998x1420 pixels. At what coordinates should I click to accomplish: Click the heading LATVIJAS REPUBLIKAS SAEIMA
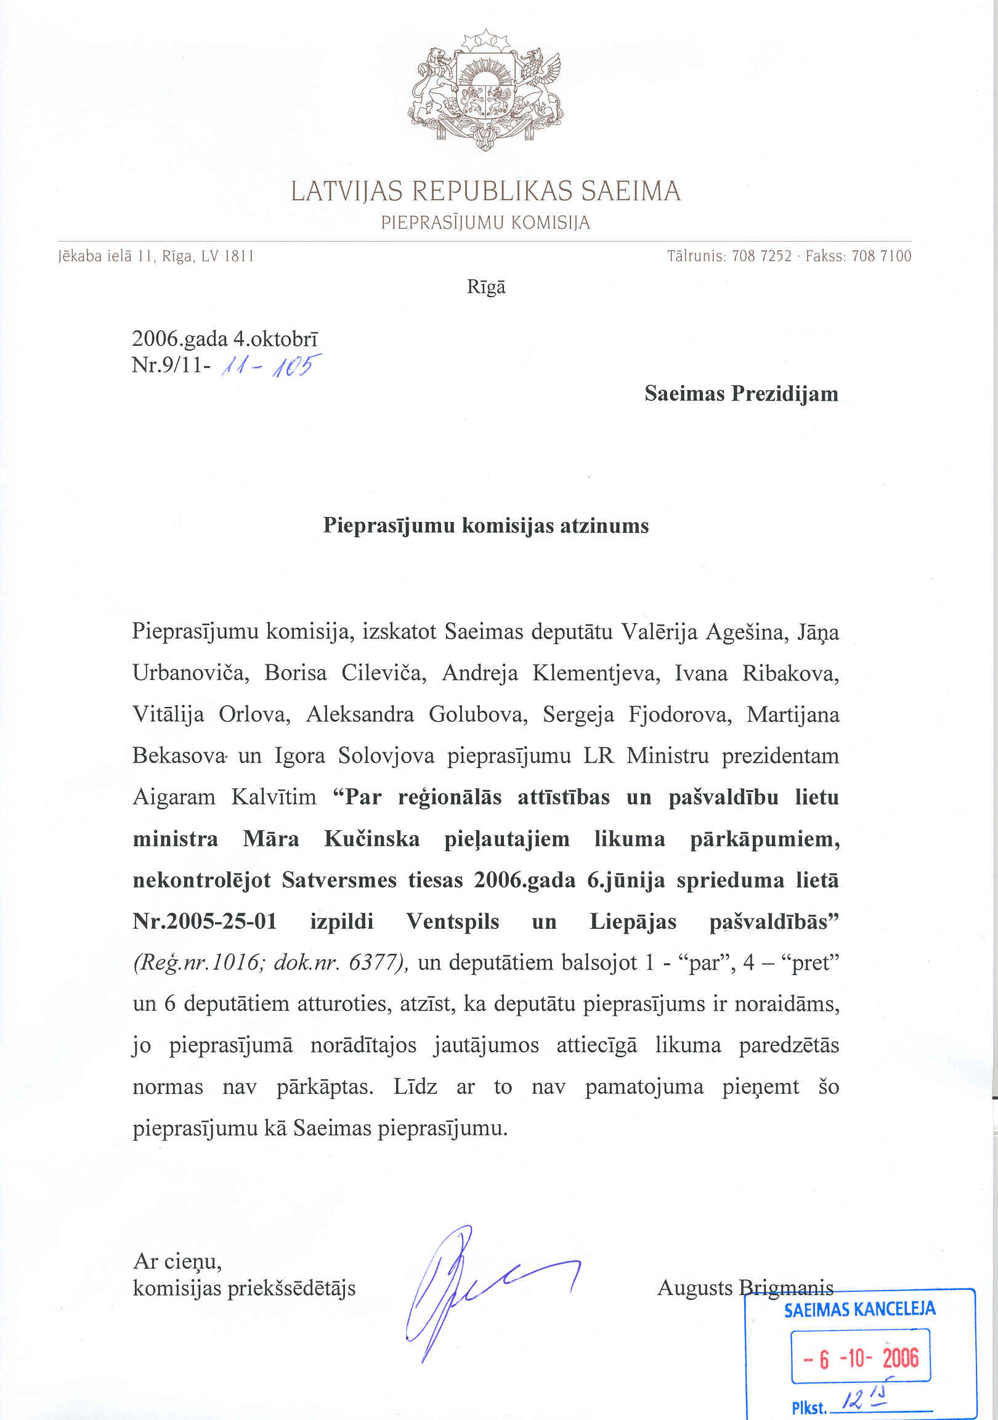tap(486, 191)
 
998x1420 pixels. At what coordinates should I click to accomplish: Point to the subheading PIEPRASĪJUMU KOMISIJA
tap(486, 222)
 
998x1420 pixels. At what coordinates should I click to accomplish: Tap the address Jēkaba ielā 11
tap(105, 256)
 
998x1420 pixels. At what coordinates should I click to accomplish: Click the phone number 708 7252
tap(761, 256)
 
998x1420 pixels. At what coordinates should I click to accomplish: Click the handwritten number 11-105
tap(271, 368)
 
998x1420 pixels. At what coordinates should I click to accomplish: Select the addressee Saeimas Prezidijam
tap(740, 393)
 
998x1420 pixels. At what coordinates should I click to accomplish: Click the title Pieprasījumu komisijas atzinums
tap(486, 526)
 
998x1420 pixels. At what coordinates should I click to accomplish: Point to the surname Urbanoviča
tap(190, 673)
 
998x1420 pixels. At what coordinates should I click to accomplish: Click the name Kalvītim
tap(274, 797)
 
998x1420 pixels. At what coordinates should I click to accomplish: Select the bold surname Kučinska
tap(371, 839)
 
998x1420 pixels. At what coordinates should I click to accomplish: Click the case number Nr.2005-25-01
tap(205, 921)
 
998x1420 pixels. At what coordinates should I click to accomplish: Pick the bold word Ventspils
tap(453, 921)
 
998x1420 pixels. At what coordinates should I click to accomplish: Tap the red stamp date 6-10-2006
tap(861, 1358)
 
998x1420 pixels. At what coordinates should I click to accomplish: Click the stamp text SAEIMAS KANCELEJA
tap(859, 1309)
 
